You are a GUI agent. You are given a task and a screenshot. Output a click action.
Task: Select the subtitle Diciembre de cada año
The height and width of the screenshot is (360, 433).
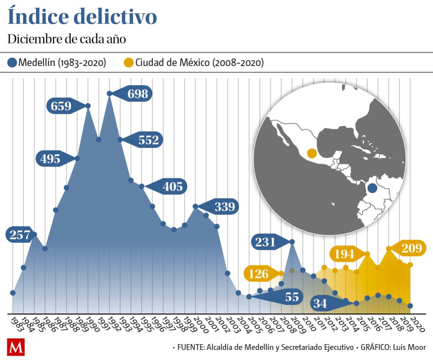67,39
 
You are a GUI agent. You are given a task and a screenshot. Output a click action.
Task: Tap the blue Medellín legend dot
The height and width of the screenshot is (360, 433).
12,63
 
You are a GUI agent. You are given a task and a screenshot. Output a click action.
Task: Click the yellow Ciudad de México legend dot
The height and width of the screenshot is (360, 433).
129,63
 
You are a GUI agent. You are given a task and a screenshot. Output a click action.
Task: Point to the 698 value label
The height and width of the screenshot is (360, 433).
137,94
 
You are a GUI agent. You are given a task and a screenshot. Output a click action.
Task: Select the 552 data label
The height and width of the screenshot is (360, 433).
148,140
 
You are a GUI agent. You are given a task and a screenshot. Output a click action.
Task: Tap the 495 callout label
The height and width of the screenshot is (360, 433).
51,159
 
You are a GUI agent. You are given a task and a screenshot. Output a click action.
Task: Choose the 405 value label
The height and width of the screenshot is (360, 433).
172,187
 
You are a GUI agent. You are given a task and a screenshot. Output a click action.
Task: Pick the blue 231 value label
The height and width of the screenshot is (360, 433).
266,242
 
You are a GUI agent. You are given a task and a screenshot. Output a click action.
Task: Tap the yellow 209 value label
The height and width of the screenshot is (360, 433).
411,248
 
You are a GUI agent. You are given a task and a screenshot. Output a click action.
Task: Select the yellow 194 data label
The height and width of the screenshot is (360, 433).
344,254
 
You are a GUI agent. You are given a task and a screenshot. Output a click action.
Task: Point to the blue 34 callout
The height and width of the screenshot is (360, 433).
320,303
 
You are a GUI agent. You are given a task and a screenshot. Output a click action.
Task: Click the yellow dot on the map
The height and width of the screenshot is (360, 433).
312,153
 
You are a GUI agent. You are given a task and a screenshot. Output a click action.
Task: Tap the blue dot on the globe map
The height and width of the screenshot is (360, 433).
372,188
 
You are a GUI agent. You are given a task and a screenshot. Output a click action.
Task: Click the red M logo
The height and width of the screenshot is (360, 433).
16,347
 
